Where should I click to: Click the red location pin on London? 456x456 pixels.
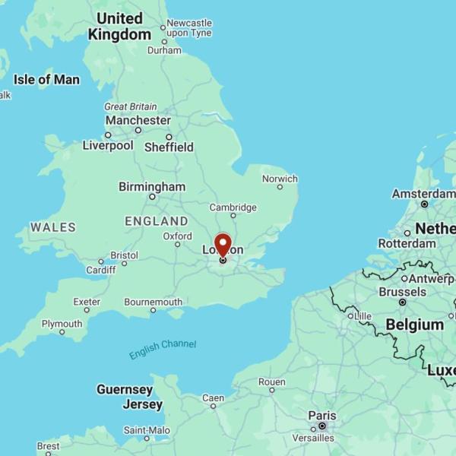pyautogui.click(x=223, y=245)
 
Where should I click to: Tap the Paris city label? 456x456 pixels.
pyautogui.click(x=321, y=415)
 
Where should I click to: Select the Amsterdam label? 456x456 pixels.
pyautogui.click(x=424, y=194)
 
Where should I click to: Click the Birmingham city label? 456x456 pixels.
pyautogui.click(x=152, y=186)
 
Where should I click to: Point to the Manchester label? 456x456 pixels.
pyautogui.click(x=138, y=120)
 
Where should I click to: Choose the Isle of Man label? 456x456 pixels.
pyautogui.click(x=46, y=79)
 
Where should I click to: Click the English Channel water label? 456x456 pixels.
pyautogui.click(x=163, y=349)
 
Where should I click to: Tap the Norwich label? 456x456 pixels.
pyautogui.click(x=280, y=179)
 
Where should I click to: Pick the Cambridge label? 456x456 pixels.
pyautogui.click(x=233, y=207)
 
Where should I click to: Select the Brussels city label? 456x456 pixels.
pyautogui.click(x=402, y=292)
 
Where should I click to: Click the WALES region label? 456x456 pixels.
pyautogui.click(x=53, y=226)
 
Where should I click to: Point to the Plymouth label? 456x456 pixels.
pyautogui.click(x=62, y=324)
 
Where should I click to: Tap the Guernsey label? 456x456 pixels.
pyautogui.click(x=125, y=389)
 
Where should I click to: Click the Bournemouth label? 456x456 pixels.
pyautogui.click(x=154, y=302)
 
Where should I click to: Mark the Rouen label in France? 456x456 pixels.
pyautogui.click(x=271, y=382)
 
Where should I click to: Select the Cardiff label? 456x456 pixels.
pyautogui.click(x=100, y=270)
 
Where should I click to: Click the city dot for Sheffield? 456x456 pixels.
pyautogui.click(x=169, y=137)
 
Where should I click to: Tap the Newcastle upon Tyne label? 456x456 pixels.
pyautogui.click(x=188, y=27)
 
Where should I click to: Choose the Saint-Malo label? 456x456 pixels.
pyautogui.click(x=147, y=430)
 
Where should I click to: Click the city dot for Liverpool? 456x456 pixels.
pyautogui.click(x=108, y=135)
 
